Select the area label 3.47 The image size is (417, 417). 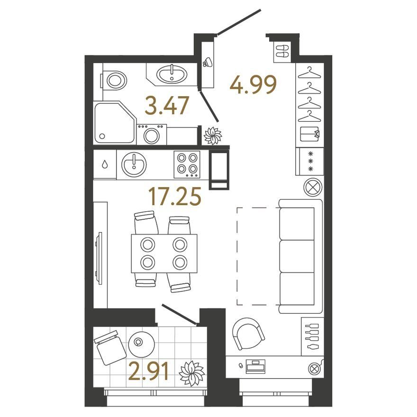[167, 106]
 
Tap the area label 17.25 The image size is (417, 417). [174, 197]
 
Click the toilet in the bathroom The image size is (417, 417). [114, 80]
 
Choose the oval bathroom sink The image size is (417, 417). [172, 74]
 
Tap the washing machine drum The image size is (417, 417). [152, 136]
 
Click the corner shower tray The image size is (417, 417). [114, 122]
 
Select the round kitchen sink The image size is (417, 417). [134, 164]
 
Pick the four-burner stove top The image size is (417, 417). [187, 164]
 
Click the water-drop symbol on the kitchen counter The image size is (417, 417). [105, 164]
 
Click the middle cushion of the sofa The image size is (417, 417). [297, 256]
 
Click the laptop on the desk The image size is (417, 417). [255, 366]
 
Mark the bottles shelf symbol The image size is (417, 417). [312, 336]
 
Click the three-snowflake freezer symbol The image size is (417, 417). [310, 162]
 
